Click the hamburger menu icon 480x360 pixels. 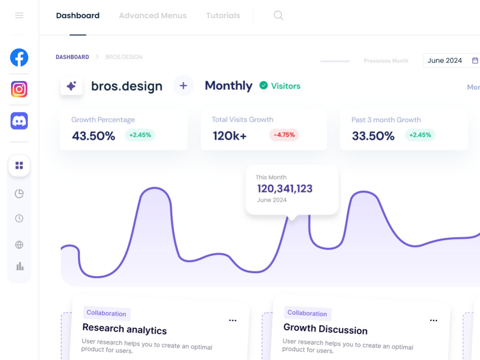click(19, 15)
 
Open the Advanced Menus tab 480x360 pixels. click(153, 16)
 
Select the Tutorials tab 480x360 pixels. click(223, 16)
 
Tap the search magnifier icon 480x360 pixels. click(278, 15)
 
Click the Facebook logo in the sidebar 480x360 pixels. click(19, 58)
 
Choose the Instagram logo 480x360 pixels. click(19, 89)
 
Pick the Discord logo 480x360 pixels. click(19, 121)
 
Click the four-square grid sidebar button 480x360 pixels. click(19, 166)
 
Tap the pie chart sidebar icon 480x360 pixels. click(19, 193)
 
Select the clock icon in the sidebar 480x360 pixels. click(19, 218)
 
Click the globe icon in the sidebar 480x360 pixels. click(19, 245)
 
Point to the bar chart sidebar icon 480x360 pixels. click(20, 266)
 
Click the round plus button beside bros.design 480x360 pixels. click(183, 86)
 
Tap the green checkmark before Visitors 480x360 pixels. click(264, 85)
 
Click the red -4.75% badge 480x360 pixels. click(284, 135)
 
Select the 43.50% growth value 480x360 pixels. click(94, 136)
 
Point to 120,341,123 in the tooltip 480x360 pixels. click(285, 189)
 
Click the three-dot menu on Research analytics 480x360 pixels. click(233, 320)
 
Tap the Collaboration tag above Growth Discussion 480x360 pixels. click(307, 313)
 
